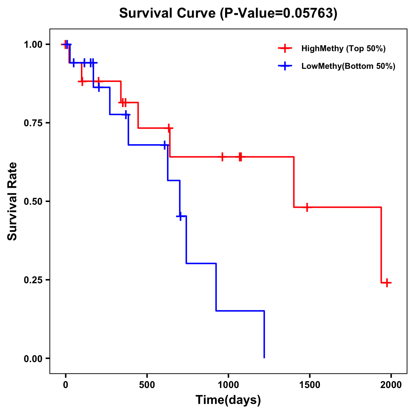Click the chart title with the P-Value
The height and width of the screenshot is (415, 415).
(x=228, y=13)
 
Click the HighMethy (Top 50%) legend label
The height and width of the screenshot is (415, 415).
(x=343, y=48)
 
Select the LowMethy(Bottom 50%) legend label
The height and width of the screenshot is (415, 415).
(x=348, y=66)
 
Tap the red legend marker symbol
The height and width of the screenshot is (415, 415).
(x=285, y=48)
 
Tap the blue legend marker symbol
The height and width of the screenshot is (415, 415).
(x=285, y=66)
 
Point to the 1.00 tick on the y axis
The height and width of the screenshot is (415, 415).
(x=33, y=45)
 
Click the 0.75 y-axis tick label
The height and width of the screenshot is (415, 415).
(x=33, y=123)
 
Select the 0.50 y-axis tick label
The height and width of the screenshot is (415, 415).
(x=33, y=202)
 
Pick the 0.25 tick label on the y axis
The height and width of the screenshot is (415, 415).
(x=33, y=280)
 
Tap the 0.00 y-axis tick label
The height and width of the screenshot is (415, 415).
(x=33, y=359)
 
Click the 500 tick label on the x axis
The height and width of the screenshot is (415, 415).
(x=147, y=385)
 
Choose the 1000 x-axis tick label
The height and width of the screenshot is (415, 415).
(x=228, y=385)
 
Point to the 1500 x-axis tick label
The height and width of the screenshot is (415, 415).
(x=310, y=385)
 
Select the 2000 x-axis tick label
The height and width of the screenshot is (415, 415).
(x=391, y=385)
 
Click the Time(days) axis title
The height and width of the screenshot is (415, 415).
(x=228, y=400)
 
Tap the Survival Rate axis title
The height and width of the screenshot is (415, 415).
(x=12, y=201)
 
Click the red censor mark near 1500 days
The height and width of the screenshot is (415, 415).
(x=307, y=207)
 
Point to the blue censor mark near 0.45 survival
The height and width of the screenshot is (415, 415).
(x=180, y=216)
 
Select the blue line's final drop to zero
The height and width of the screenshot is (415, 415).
(x=264, y=334)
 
